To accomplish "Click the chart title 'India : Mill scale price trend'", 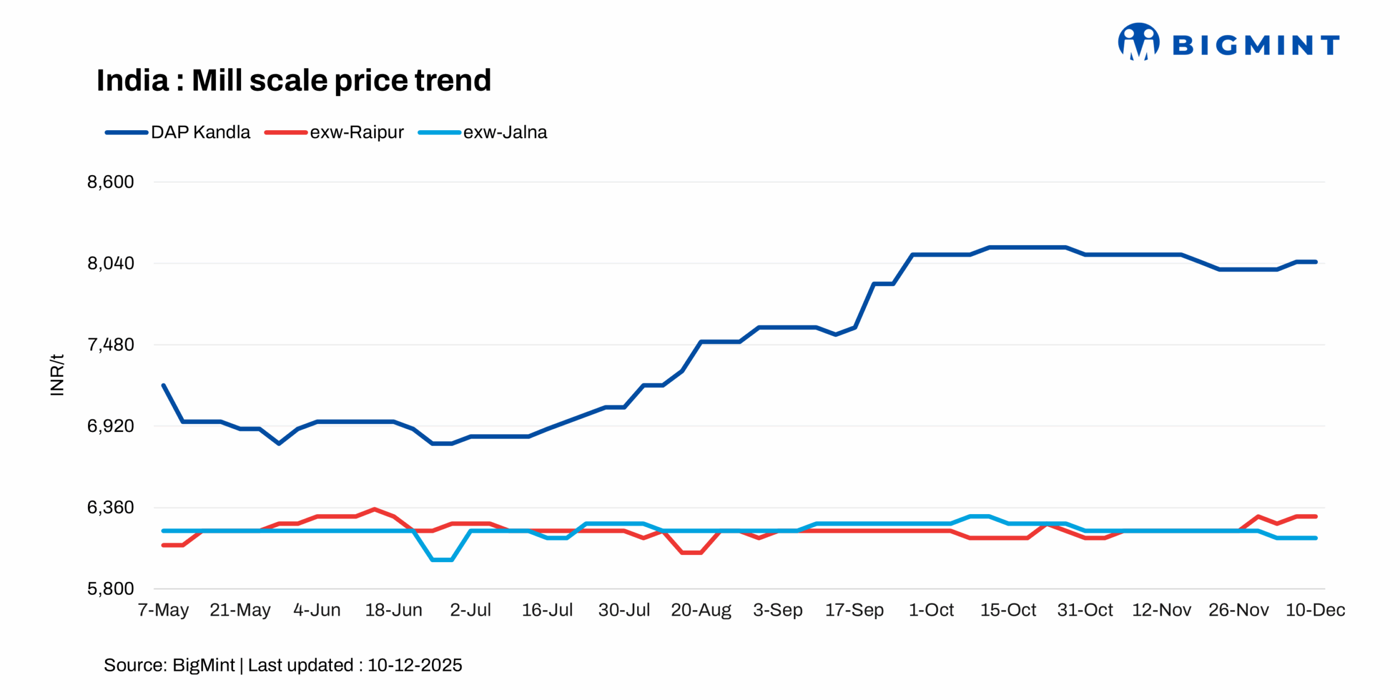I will click(x=294, y=80).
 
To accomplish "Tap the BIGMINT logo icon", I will click(x=1138, y=42).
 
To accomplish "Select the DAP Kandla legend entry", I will click(x=178, y=132).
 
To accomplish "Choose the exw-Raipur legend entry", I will click(x=334, y=132).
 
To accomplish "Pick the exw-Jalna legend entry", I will click(x=483, y=132).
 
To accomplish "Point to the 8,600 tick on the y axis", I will click(x=110, y=182).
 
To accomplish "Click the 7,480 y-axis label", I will click(x=110, y=345).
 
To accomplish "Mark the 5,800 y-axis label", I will click(x=110, y=589).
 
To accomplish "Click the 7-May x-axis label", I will click(x=163, y=610).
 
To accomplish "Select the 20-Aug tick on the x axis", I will click(x=701, y=610).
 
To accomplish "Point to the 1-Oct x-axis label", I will click(x=931, y=610).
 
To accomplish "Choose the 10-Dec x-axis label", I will click(x=1315, y=610).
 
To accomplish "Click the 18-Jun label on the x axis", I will click(x=393, y=610).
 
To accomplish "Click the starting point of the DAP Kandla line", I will click(x=164, y=386).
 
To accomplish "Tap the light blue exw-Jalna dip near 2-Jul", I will click(x=442, y=560).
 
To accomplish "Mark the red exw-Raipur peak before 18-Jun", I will click(x=375, y=509).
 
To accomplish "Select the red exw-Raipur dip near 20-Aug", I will click(x=692, y=553).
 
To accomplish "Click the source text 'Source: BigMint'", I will click(x=169, y=665).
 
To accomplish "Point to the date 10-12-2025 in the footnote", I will click(x=415, y=665).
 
